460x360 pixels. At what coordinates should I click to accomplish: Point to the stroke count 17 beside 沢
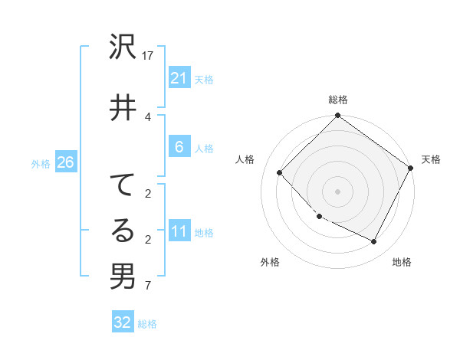tap(149, 55)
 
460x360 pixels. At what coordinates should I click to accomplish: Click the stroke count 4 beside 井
tap(149, 116)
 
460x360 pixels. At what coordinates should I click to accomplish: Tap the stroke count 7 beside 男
tap(149, 286)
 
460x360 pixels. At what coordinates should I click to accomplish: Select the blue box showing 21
tap(179, 78)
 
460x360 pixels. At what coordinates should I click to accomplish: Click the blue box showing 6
tap(179, 147)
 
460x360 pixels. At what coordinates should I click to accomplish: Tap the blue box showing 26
tap(65, 162)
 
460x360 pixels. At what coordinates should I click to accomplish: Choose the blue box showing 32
tap(123, 322)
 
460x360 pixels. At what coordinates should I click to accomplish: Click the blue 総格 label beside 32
tap(147, 324)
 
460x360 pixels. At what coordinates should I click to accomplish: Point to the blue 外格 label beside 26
tap(41, 163)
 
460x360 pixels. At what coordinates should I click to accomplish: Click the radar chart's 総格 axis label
tap(338, 100)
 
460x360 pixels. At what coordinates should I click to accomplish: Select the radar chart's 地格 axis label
tap(402, 262)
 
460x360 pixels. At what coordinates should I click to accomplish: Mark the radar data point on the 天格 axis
tap(411, 169)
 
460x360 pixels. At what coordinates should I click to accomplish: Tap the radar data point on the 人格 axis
tap(280, 172)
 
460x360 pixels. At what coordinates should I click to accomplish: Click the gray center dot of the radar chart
tap(337, 191)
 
